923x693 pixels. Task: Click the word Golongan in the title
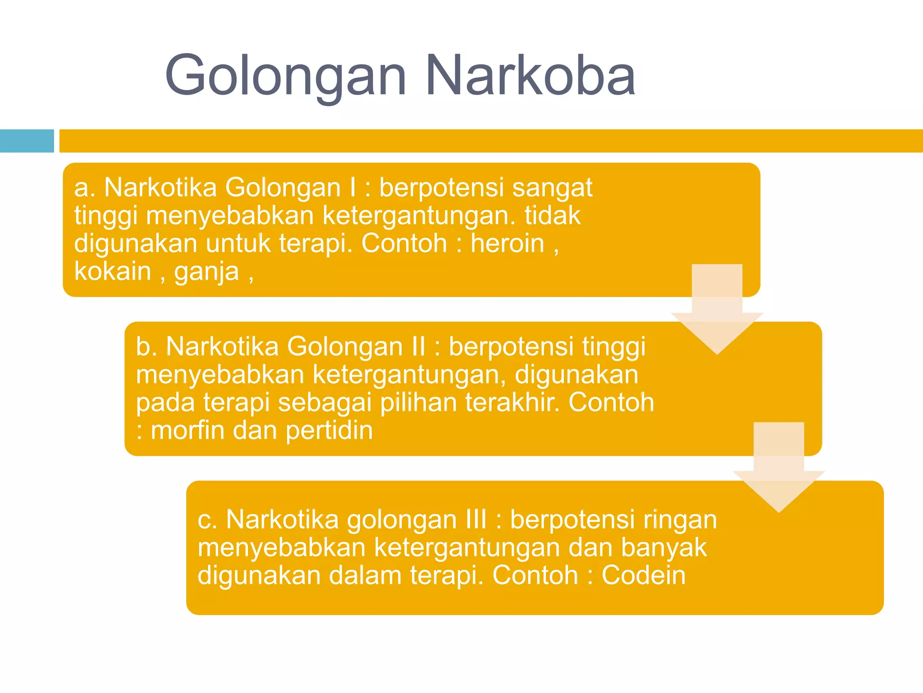[x=286, y=76]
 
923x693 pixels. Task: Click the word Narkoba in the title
[x=530, y=76]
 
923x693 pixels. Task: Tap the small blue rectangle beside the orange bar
[x=27, y=141]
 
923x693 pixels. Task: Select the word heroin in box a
[x=507, y=244]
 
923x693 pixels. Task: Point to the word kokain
[x=113, y=272]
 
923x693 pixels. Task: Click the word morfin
[x=187, y=430]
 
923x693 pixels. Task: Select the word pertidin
[x=329, y=431]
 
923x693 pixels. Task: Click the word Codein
[x=643, y=576]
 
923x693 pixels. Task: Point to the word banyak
[x=663, y=548]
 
